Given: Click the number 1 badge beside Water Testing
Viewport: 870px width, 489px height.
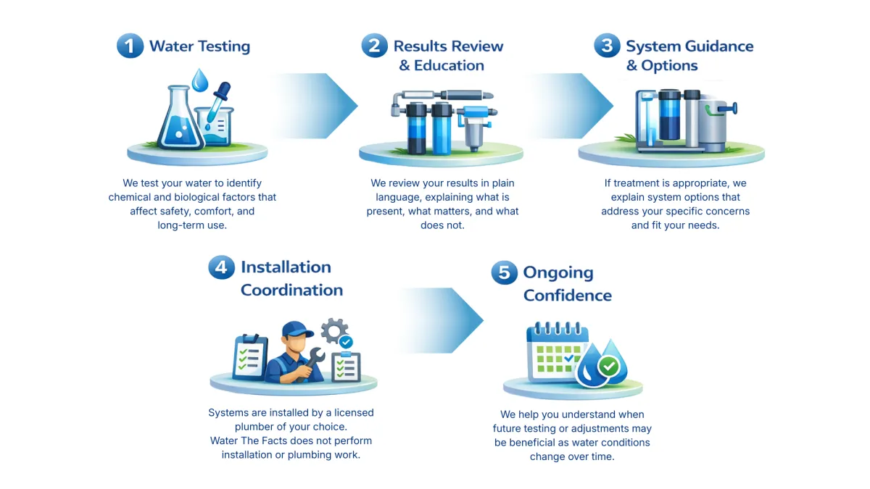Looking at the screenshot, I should click(x=130, y=47).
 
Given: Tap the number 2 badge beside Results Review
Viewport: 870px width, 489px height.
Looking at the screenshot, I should click(x=374, y=46).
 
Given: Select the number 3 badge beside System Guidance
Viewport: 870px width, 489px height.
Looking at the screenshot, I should click(x=607, y=46).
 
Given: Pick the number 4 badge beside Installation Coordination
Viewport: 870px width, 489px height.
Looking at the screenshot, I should click(x=221, y=267).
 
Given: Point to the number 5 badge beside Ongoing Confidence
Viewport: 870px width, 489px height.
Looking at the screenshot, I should click(x=504, y=273).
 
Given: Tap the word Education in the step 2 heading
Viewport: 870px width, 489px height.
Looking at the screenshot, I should click(x=449, y=65).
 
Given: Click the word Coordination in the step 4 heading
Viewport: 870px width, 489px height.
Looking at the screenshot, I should click(x=291, y=290).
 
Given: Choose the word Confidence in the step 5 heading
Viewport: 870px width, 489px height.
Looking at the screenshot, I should click(x=567, y=296).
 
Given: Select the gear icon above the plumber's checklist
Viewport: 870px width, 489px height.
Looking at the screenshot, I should click(x=334, y=330).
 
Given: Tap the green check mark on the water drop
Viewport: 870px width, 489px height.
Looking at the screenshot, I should click(x=609, y=367).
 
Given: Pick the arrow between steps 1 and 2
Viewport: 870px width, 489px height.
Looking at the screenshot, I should click(x=319, y=105).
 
